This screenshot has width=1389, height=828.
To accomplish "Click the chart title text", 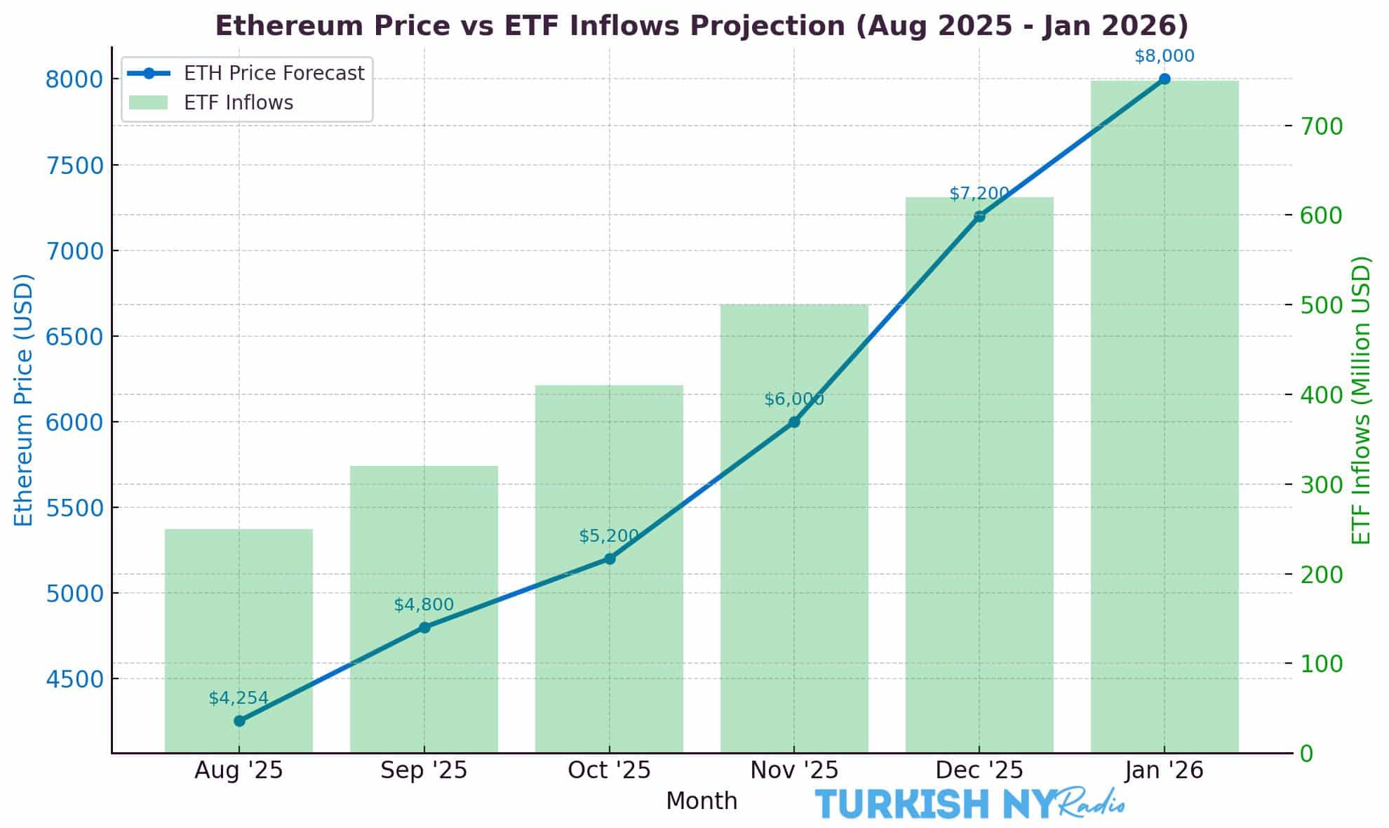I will (x=702, y=26).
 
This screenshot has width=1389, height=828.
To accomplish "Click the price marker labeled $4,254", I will (x=239, y=721).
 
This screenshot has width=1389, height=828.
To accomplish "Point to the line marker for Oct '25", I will (x=610, y=559).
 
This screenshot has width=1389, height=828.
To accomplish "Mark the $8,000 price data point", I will (x=1165, y=79).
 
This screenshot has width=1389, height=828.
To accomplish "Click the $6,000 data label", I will (x=793, y=399).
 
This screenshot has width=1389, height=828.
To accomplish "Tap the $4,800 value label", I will (x=424, y=604).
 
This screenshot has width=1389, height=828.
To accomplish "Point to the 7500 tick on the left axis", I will (x=74, y=166).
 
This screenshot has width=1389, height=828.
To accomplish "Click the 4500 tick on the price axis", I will (x=74, y=679).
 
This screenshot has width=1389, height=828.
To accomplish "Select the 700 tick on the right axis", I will (x=1322, y=126).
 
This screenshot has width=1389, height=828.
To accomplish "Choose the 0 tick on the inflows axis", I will (x=1306, y=754).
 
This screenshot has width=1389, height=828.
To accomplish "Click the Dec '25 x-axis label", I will (x=979, y=770).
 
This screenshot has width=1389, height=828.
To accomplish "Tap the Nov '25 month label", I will (x=794, y=770).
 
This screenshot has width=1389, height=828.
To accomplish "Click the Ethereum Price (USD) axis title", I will (x=24, y=400).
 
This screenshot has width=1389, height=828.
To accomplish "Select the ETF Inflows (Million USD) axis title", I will (x=1361, y=400).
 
